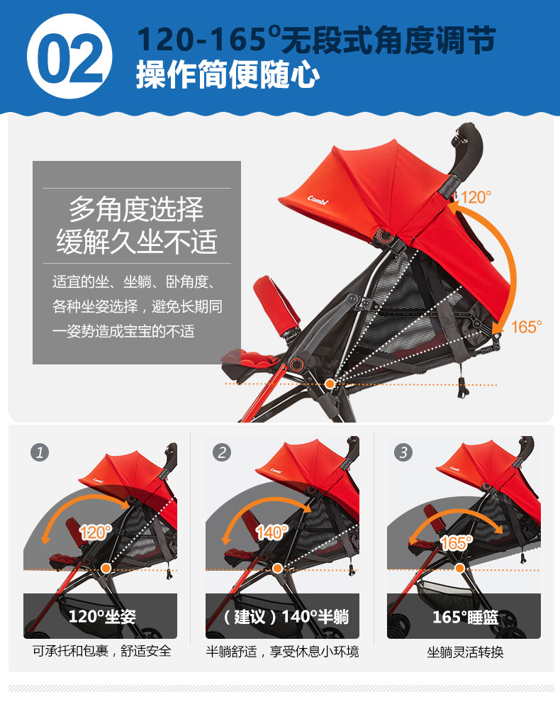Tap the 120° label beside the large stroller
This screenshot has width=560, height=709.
(476, 197)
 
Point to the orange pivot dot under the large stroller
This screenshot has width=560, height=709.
(330, 384)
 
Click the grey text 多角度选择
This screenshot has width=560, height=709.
(136, 210)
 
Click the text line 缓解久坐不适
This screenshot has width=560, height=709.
(136, 242)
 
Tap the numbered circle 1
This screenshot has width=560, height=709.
(40, 452)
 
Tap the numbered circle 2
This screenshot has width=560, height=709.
(223, 452)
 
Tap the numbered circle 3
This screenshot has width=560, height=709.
(404, 452)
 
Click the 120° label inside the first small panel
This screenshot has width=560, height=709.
(95, 532)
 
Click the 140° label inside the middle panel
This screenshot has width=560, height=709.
(271, 532)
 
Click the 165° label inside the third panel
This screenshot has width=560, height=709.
(456, 542)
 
